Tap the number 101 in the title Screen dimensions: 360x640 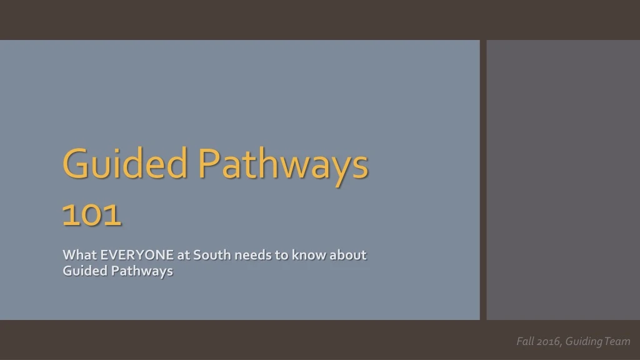coord(91,214)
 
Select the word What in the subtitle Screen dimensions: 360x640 coord(79,255)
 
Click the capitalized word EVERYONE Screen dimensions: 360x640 coord(137,255)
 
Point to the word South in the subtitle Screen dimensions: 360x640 coord(212,255)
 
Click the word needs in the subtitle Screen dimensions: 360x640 coord(253,255)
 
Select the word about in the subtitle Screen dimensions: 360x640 coord(347,255)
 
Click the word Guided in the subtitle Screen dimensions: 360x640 coord(85,271)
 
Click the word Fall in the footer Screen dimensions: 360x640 coord(524,341)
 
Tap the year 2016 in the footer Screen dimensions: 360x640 coord(548,341)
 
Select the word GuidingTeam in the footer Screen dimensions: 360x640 coord(597,341)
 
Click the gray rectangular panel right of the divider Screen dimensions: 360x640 coord(563,180)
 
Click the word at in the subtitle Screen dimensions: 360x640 coord(183,255)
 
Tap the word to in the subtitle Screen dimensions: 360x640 coord(282,255)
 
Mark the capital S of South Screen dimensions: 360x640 coord(197,255)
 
